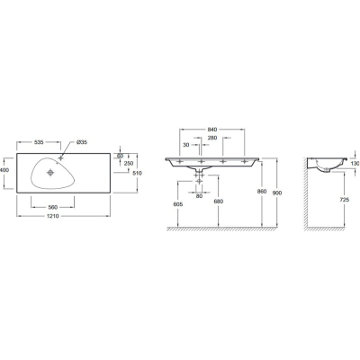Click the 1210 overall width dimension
click(54, 216)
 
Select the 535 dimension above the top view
click(39, 142)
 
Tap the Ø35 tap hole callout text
click(82, 142)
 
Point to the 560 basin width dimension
click(52, 207)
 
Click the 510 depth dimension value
click(138, 173)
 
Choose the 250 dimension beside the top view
click(129, 163)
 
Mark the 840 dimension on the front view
click(211, 130)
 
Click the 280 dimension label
click(211, 138)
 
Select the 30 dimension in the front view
click(186, 145)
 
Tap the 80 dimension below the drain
click(199, 196)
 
